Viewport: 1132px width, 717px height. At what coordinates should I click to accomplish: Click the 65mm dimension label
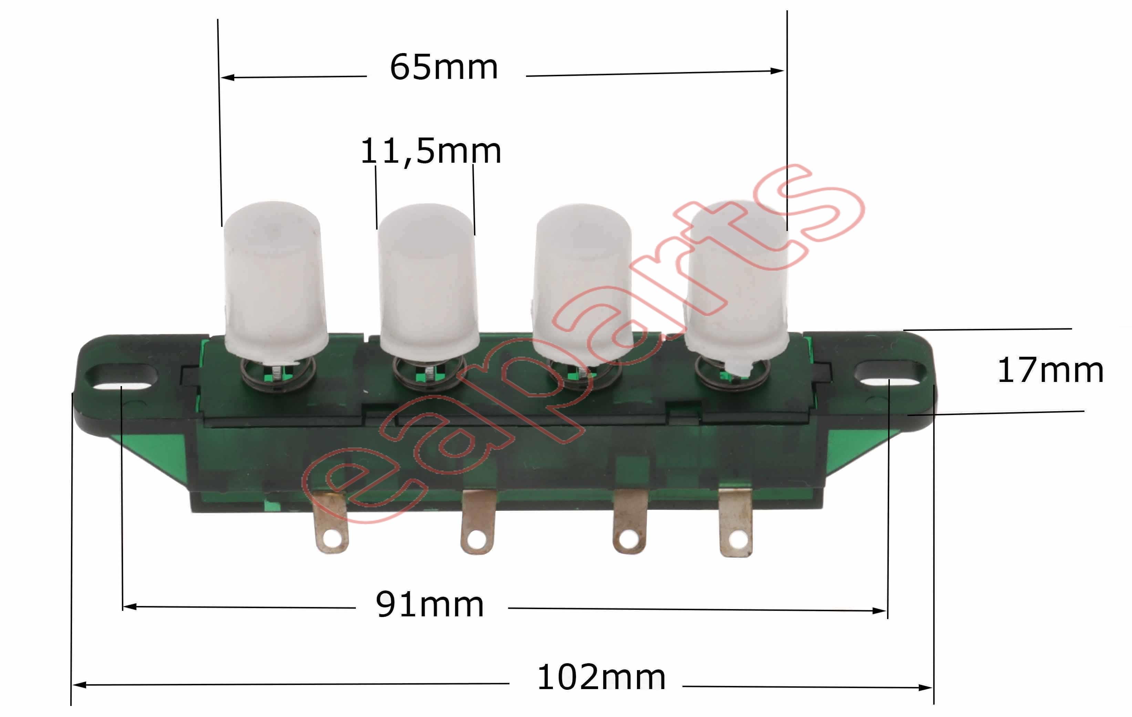[x=444, y=67]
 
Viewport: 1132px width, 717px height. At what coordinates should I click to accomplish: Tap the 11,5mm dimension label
[x=431, y=151]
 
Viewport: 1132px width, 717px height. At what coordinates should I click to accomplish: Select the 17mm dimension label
[x=1051, y=370]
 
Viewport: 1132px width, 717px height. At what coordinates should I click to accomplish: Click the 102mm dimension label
[x=601, y=677]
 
